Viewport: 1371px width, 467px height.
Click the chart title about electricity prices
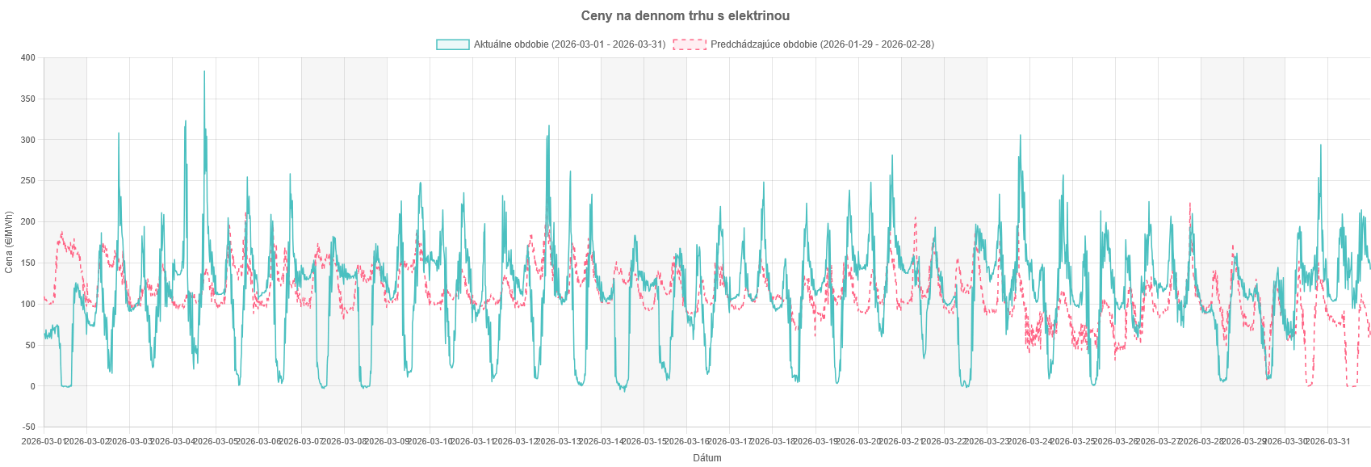[x=685, y=16]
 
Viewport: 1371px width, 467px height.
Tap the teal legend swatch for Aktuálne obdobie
[x=452, y=44]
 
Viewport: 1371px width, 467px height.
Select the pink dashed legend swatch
[x=690, y=44]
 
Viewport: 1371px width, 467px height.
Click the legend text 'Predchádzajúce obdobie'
[x=821, y=44]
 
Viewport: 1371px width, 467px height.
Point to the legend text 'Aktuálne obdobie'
[x=569, y=44]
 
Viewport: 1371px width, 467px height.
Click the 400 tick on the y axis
[x=28, y=58]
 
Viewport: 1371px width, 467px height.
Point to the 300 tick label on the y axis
[x=28, y=140]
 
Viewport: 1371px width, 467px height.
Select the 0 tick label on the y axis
[x=32, y=386]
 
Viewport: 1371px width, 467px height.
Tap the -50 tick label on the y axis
[x=28, y=427]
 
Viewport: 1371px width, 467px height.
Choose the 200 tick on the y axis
[x=28, y=222]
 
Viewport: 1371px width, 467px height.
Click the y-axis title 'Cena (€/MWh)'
[x=9, y=242]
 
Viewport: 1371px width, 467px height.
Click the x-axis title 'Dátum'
[x=706, y=458]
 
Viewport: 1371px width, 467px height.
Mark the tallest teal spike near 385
[x=204, y=71]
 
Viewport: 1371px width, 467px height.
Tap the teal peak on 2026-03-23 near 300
[x=1021, y=136]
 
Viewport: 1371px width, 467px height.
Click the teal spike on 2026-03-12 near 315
[x=549, y=126]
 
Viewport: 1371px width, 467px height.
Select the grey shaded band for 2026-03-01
[x=65, y=242]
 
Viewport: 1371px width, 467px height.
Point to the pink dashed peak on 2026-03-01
[x=61, y=233]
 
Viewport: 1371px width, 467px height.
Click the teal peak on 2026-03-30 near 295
[x=1321, y=145]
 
